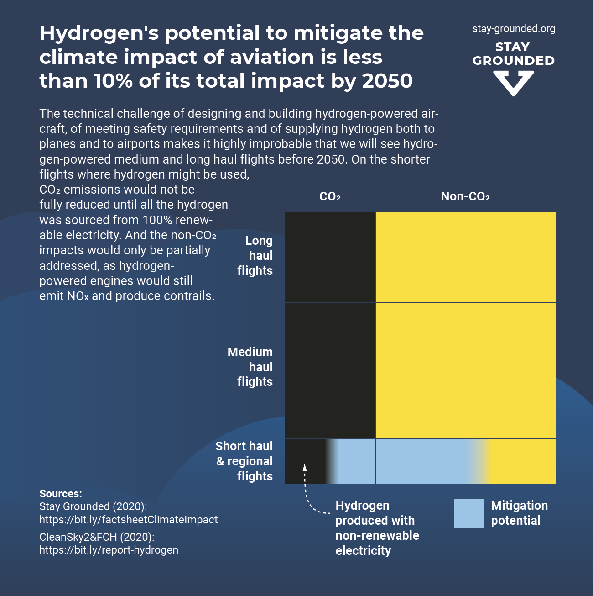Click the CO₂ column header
pos(330,197)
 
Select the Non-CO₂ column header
pos(465,197)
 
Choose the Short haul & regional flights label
pos(245,461)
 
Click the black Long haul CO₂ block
pos(330,257)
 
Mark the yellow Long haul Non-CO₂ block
pos(466,257)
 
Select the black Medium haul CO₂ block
pos(330,370)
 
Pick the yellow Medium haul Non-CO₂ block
pos(466,370)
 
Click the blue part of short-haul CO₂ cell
pos(356,461)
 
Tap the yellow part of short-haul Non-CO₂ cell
pos(522,461)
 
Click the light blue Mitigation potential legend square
pos(468,513)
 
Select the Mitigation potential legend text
pos(519,513)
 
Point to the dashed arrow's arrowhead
pos(305,467)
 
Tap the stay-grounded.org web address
pos(514,29)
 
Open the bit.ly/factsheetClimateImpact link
pos(128,520)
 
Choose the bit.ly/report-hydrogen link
pos(109,550)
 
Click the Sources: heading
pos(61,494)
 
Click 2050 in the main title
pos(387,81)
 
